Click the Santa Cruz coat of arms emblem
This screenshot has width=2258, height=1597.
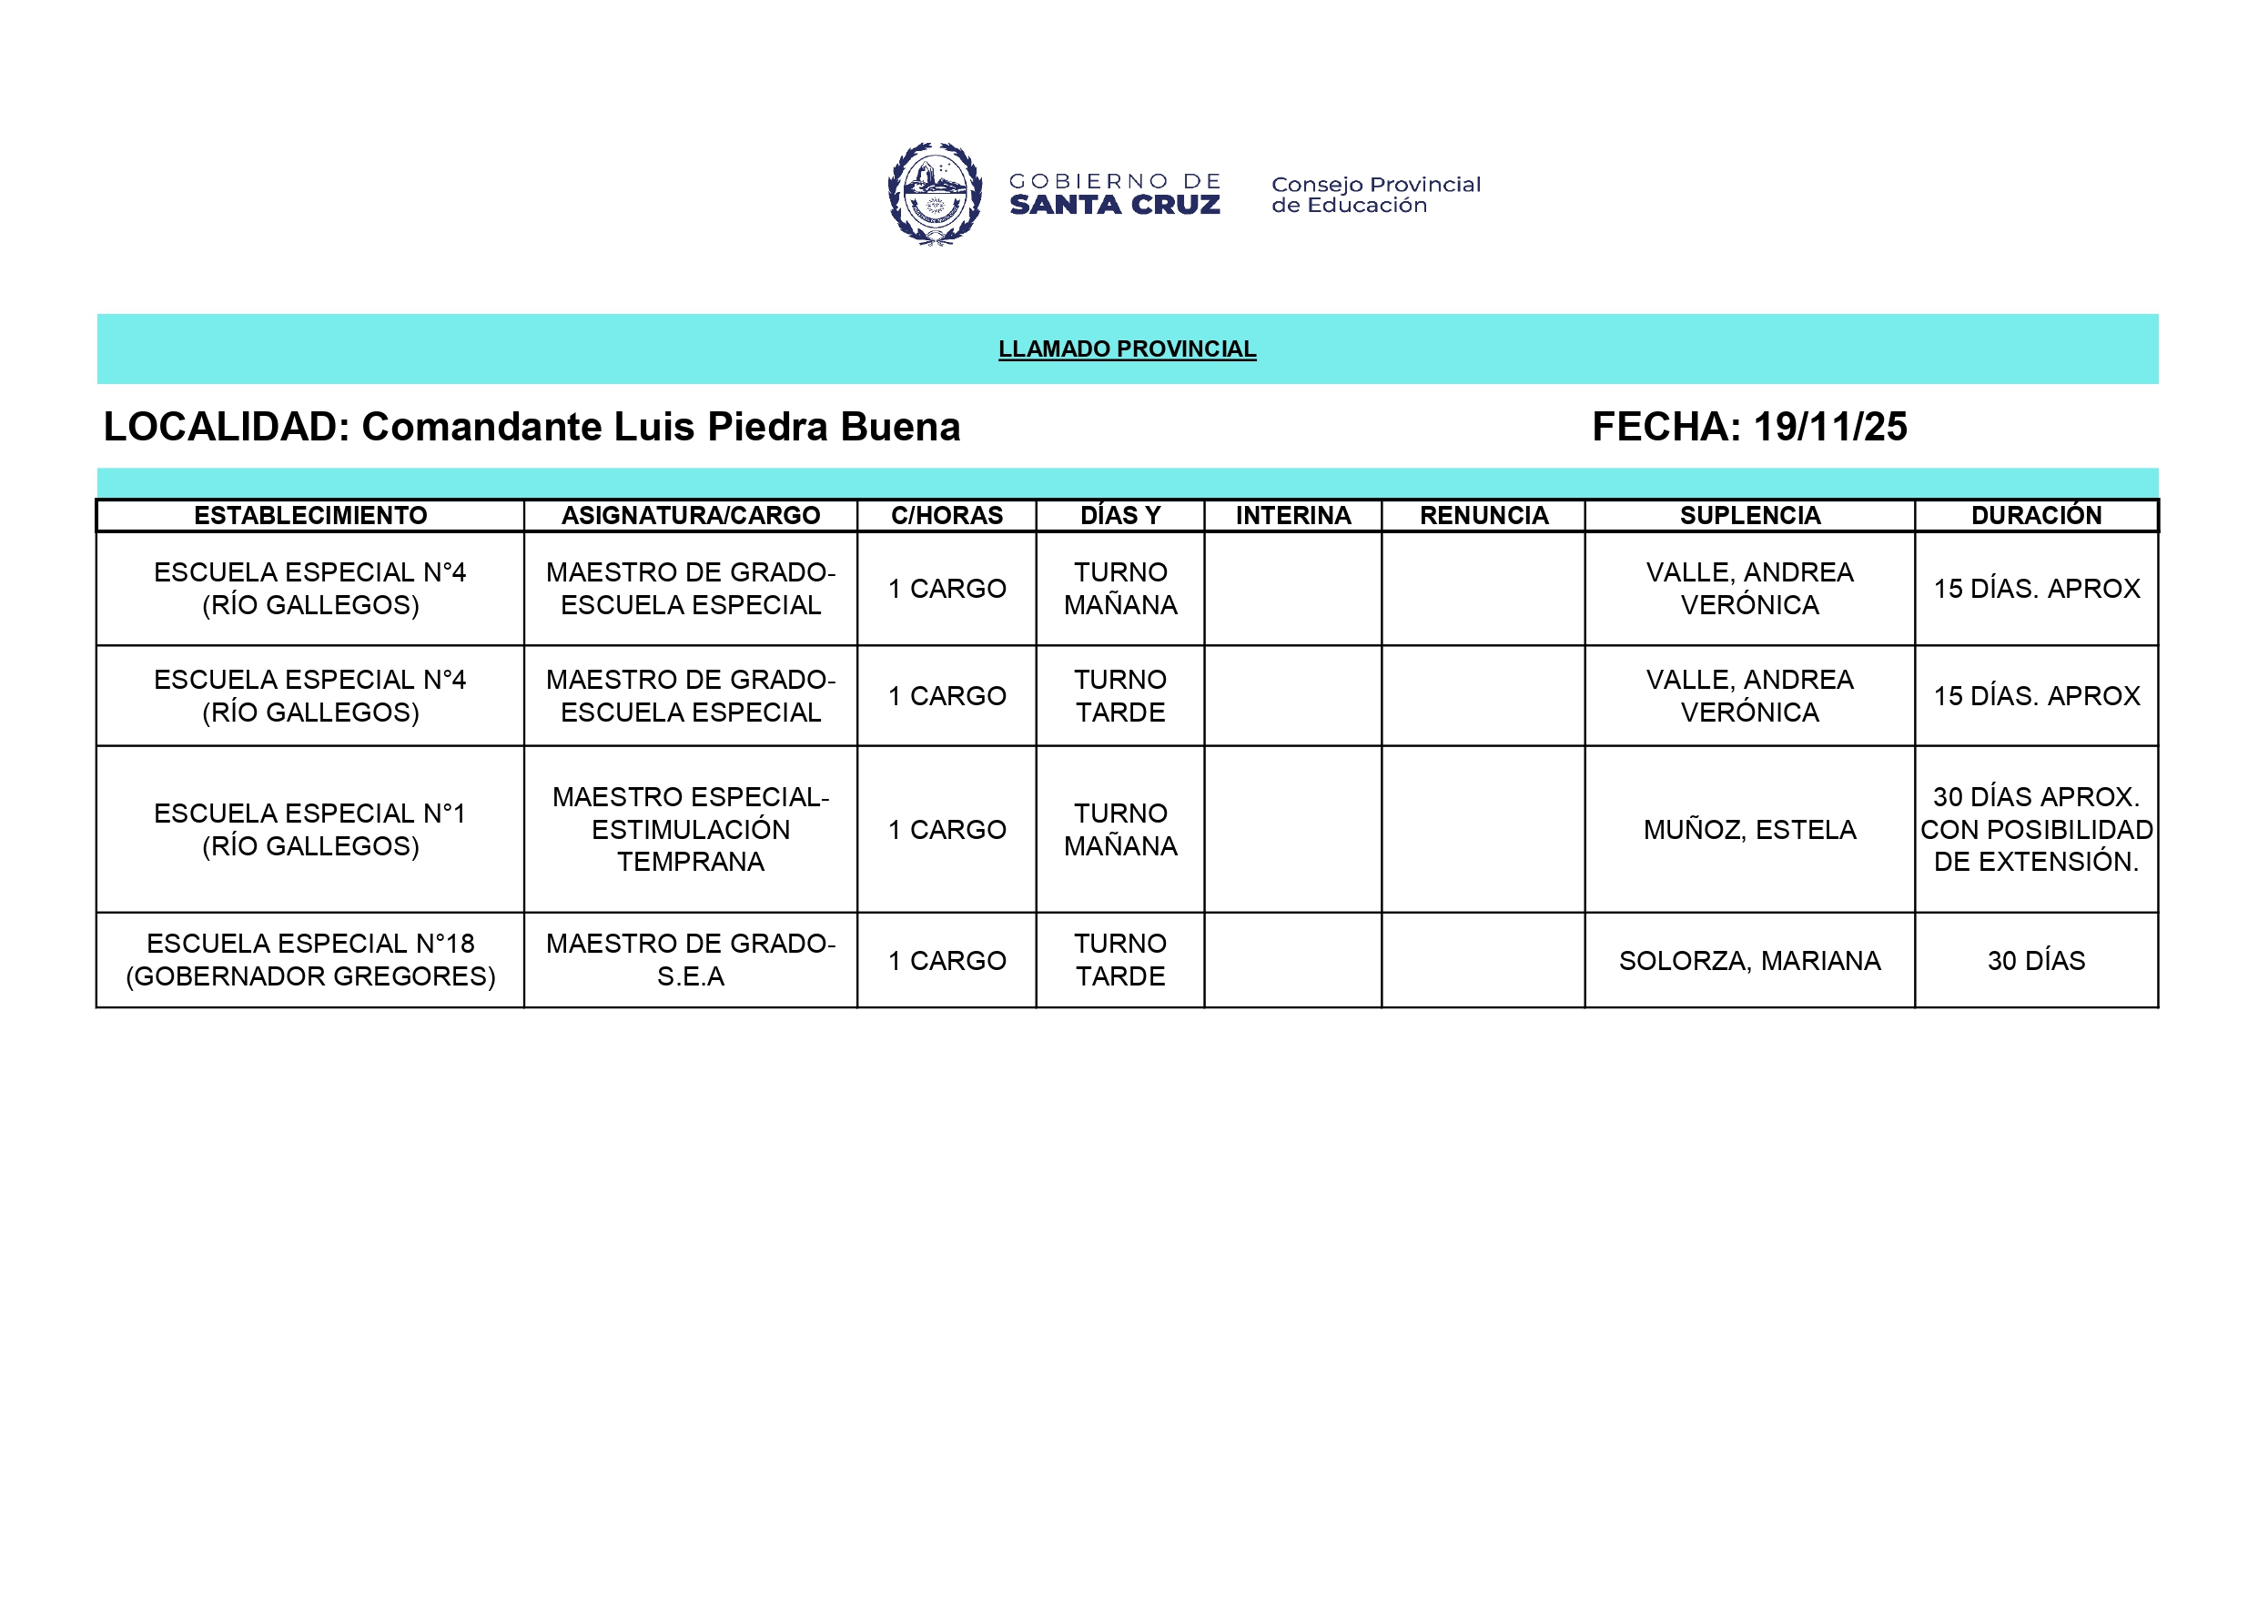tap(935, 194)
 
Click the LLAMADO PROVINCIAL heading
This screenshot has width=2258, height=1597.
tap(1127, 349)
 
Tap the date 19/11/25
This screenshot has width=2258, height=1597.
tap(1829, 427)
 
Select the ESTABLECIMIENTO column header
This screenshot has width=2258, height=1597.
tap(309, 515)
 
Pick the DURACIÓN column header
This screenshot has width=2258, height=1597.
tap(2036, 515)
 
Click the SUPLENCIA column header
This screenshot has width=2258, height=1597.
tap(1749, 515)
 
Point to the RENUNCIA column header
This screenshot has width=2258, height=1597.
tap(1483, 515)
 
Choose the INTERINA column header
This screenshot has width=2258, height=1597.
tap(1293, 515)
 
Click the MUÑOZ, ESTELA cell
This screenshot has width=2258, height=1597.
tap(1749, 830)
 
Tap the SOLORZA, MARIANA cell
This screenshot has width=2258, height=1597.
tap(1749, 961)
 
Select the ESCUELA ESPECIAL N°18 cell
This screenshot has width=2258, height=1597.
tap(309, 960)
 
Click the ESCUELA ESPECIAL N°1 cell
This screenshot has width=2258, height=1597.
tap(309, 829)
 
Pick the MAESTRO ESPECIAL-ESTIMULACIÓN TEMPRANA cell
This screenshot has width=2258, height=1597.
tap(691, 829)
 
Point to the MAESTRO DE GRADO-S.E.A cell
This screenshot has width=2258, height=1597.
tap(691, 960)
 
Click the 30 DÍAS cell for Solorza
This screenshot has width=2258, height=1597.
tap(2036, 961)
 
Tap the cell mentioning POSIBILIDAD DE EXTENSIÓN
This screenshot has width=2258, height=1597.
tap(2036, 829)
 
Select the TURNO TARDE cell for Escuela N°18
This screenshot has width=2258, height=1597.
tap(1120, 960)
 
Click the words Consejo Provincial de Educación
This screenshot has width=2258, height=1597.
tap(1375, 195)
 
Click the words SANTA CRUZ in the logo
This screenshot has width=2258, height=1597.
tap(1114, 206)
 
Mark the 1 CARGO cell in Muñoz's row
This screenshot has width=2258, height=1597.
tap(947, 830)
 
